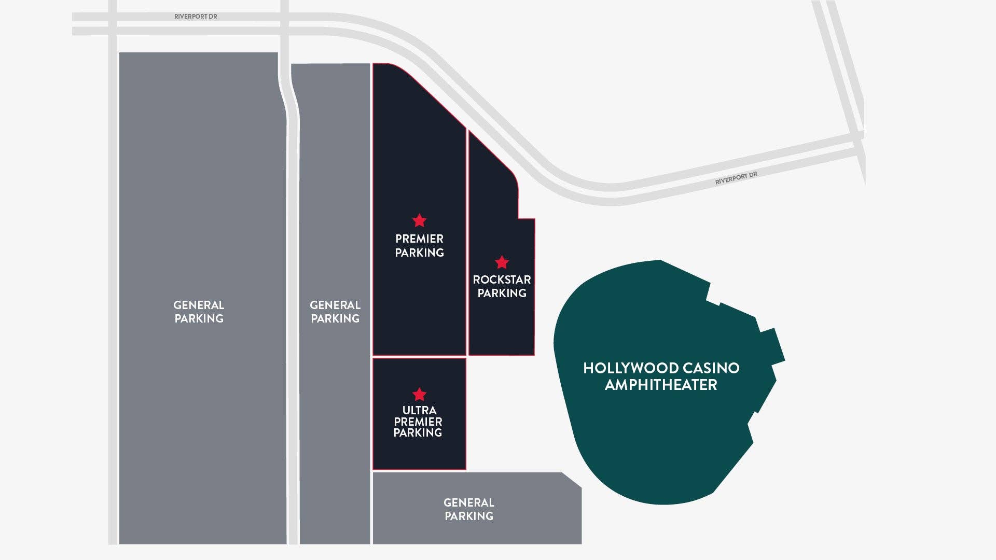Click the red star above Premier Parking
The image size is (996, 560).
click(419, 221)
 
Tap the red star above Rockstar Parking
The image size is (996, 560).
click(502, 262)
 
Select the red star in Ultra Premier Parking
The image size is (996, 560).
click(419, 395)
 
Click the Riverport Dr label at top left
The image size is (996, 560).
click(196, 17)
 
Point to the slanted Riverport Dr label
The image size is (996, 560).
click(736, 178)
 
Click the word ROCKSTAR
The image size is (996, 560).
click(502, 279)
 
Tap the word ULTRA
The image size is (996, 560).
click(419, 410)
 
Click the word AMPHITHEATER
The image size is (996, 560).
click(661, 385)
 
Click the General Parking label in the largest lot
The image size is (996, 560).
click(199, 312)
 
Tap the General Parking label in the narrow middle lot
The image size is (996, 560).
click(335, 312)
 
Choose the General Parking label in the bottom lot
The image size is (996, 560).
click(469, 509)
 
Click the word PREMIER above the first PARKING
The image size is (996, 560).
click(419, 239)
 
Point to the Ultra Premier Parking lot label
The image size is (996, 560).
click(418, 421)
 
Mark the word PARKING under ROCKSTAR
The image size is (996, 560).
click(502, 293)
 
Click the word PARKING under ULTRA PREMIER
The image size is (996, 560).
click(418, 433)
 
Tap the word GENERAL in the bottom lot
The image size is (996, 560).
click(469, 502)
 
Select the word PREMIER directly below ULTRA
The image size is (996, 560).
click(418, 422)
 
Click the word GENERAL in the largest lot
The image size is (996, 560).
click(199, 305)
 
